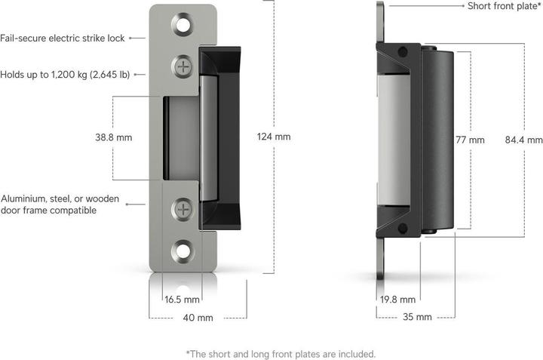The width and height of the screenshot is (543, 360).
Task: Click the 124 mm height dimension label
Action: [273, 137]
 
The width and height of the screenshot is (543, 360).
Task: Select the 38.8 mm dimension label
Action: [136, 138]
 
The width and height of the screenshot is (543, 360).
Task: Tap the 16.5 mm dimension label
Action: [182, 300]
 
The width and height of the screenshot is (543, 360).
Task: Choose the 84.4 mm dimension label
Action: [524, 140]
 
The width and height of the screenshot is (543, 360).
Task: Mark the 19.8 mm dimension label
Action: [397, 300]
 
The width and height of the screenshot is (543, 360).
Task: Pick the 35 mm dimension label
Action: [417, 318]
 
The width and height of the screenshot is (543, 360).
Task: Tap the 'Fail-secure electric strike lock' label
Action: [63, 37]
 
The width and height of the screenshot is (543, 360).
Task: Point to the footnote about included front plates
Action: [280, 353]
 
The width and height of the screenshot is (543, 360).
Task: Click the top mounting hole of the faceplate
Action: [183, 26]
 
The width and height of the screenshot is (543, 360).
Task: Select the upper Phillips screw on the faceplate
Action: [183, 66]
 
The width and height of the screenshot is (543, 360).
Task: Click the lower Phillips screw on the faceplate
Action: [183, 209]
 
